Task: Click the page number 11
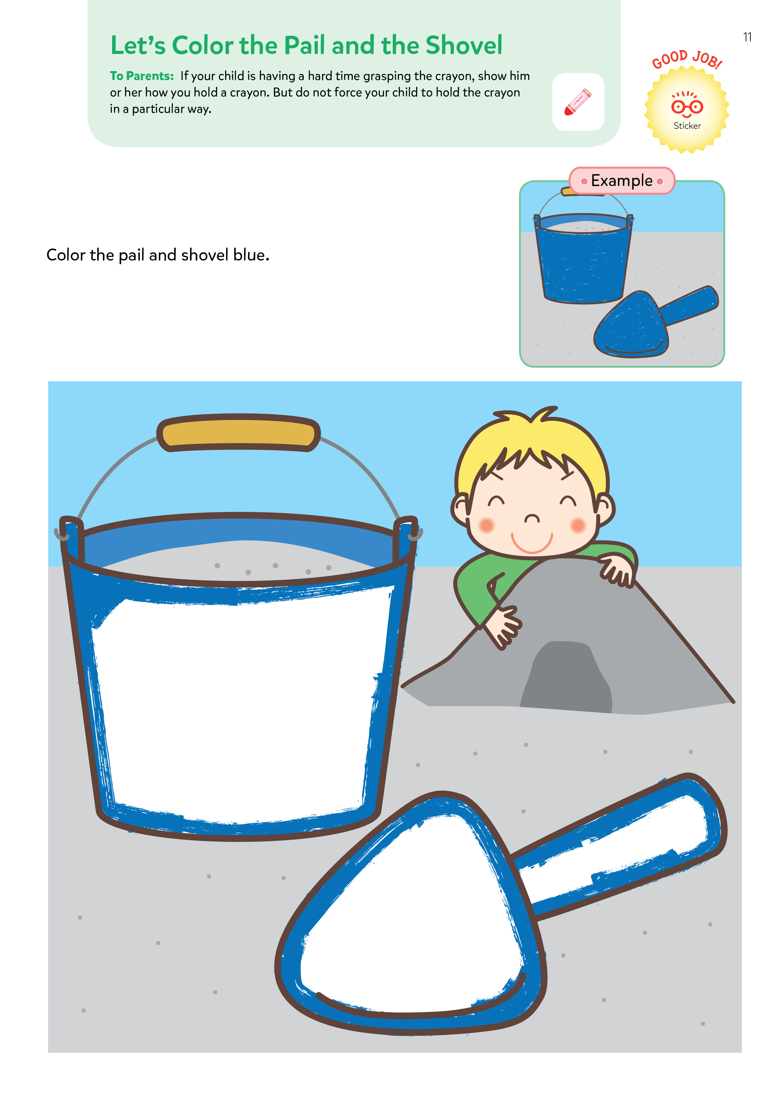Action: click(747, 37)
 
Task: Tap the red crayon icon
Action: click(578, 102)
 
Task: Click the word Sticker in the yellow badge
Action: click(687, 126)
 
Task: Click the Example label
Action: click(622, 181)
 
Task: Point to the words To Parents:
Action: click(142, 76)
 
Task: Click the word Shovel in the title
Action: click(464, 45)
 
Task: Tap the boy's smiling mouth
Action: click(532, 544)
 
